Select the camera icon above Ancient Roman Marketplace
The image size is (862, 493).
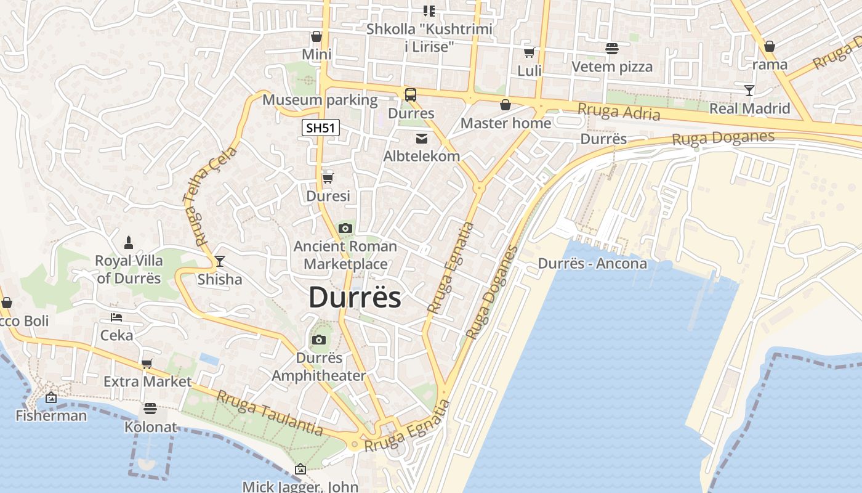[x=345, y=229]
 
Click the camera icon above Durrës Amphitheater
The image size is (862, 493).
[x=318, y=340]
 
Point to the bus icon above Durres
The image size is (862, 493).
[x=411, y=95]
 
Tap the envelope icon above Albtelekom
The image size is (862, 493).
[x=422, y=138]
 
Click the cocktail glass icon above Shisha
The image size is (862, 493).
[x=219, y=261]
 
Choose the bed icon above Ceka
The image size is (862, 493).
[x=116, y=317]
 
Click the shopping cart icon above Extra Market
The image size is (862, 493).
[x=147, y=364]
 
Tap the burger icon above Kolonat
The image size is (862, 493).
[x=150, y=408]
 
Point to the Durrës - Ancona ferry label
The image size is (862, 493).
[x=592, y=264]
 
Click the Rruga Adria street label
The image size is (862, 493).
[x=618, y=112]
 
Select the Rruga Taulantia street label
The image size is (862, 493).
[x=269, y=414]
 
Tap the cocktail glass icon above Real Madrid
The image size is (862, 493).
[x=749, y=91]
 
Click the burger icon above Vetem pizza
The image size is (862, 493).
[x=612, y=48]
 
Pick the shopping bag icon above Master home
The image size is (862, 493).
[x=506, y=105]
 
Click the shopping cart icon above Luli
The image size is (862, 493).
[x=529, y=52]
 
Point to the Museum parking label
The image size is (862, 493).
[x=320, y=100]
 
